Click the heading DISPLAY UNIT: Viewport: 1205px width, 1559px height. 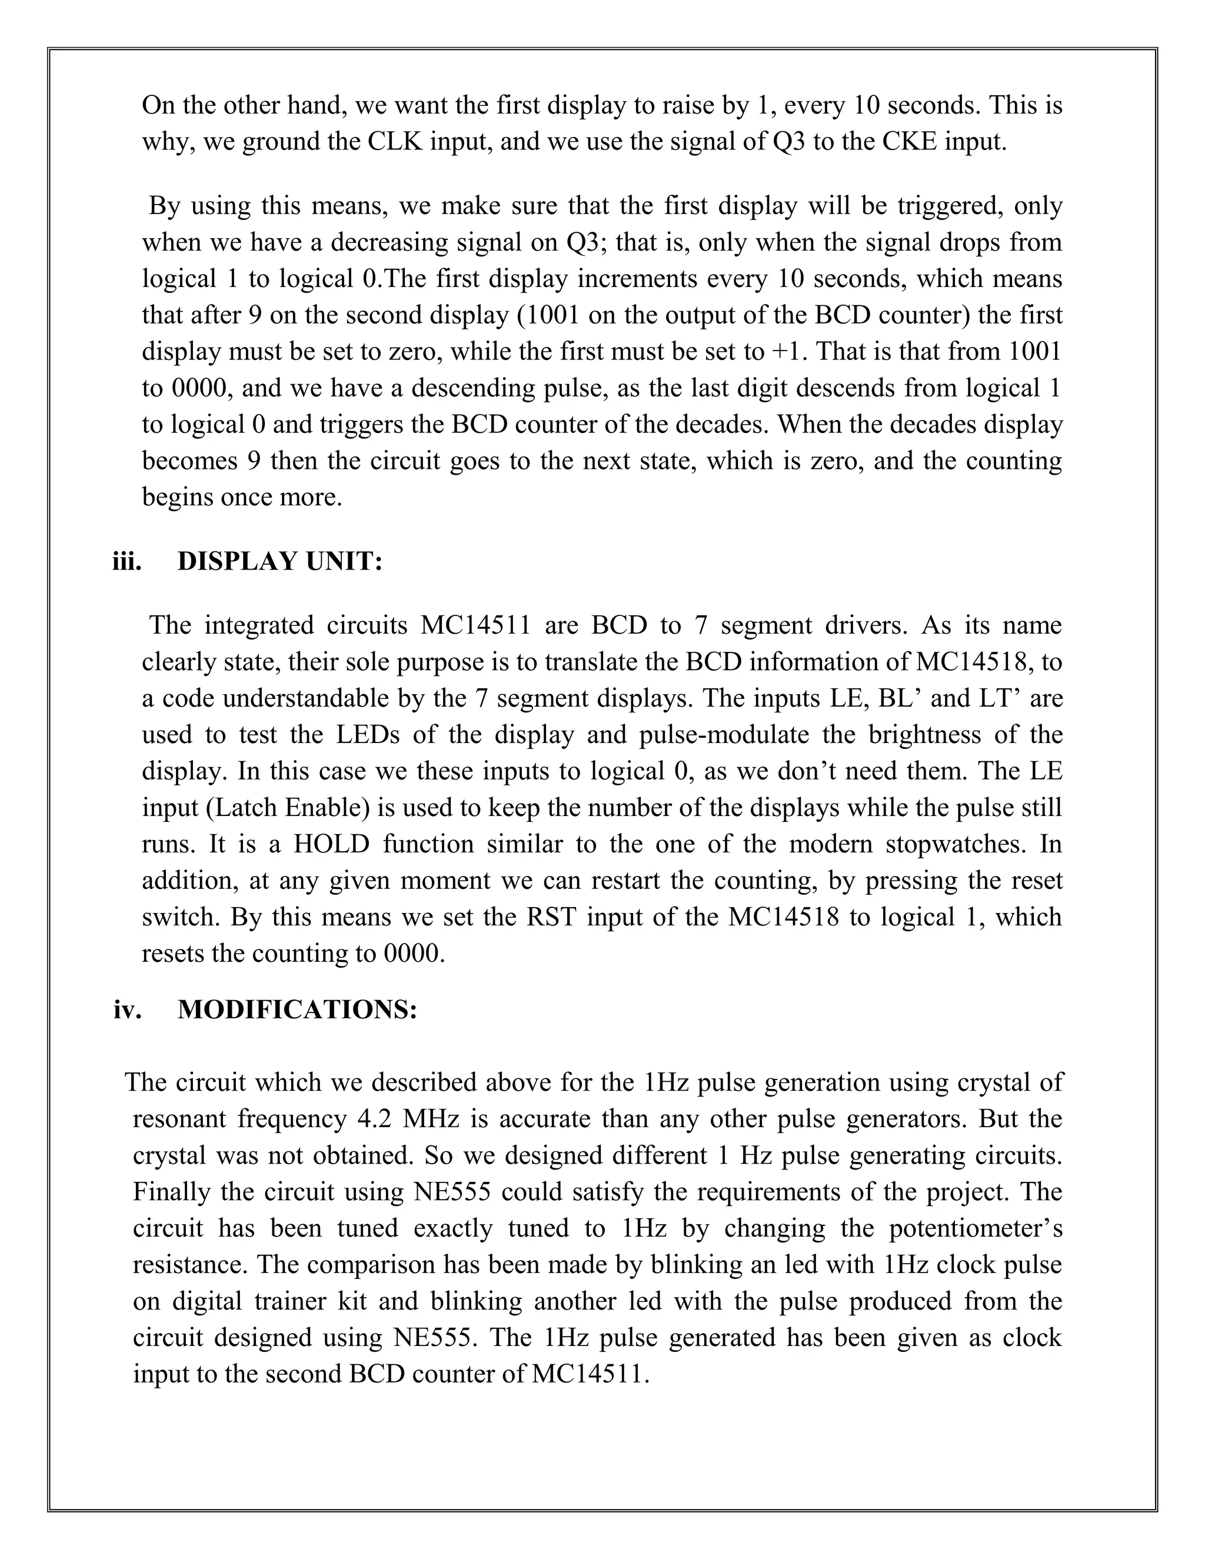[x=280, y=562]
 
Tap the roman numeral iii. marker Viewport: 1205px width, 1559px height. [x=127, y=562]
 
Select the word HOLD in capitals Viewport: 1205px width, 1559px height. [x=331, y=844]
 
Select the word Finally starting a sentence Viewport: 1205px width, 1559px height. [x=171, y=1192]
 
